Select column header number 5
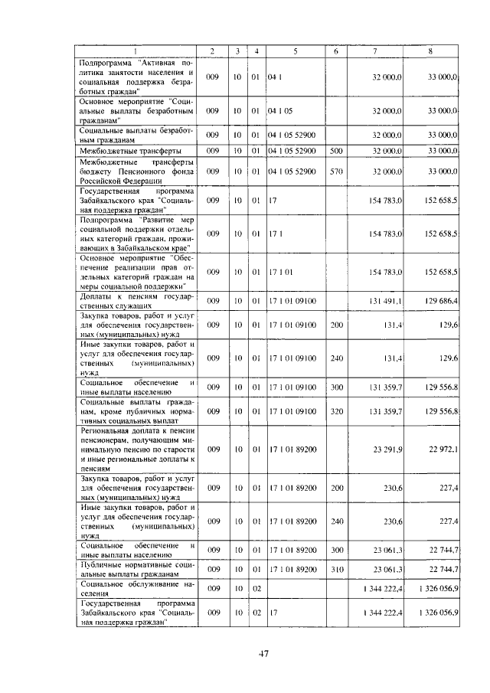[295, 51]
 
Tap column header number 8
[431, 51]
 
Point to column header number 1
[136, 51]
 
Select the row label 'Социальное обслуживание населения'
[136, 588]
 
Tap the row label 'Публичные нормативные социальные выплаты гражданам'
[136, 569]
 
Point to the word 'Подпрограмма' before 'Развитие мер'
[105, 219]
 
